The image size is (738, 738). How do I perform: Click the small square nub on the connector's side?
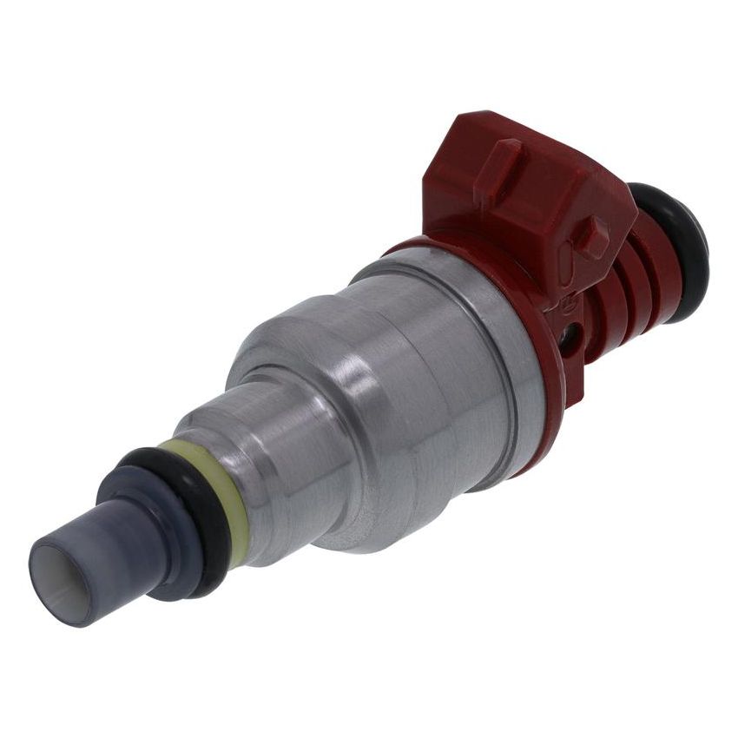[592, 236]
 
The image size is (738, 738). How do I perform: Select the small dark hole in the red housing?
[570, 335]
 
